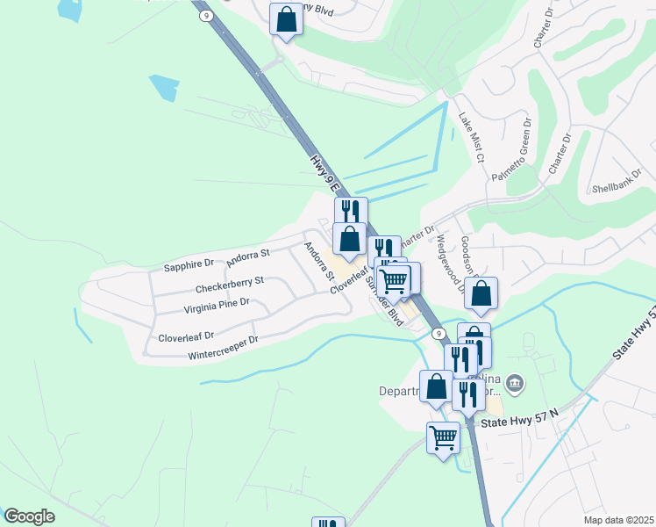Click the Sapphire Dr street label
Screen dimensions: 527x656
pyautogui.click(x=189, y=263)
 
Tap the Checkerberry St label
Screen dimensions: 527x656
pyautogui.click(x=230, y=285)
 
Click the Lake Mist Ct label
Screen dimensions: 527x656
pyautogui.click(x=470, y=139)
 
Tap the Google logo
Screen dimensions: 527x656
pyautogui.click(x=30, y=516)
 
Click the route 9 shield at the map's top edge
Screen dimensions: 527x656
pyautogui.click(x=205, y=16)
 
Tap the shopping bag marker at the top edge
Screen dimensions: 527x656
pyautogui.click(x=286, y=18)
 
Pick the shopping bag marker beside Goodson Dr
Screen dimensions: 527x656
pyautogui.click(x=481, y=294)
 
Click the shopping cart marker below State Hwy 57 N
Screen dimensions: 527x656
pyautogui.click(x=444, y=437)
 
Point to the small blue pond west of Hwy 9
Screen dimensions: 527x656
pyautogui.click(x=164, y=88)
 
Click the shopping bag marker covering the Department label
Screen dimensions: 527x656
pyautogui.click(x=436, y=387)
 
